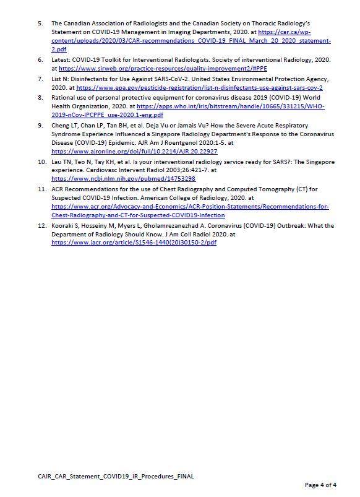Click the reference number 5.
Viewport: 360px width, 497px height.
point(40,24)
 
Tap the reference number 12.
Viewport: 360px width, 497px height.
point(42,226)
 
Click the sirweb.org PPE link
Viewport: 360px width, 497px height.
point(163,68)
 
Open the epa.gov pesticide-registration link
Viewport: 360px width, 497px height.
point(199,87)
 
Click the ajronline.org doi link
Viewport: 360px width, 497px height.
point(134,151)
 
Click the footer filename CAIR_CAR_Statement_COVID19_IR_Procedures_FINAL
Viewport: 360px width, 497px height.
point(116,476)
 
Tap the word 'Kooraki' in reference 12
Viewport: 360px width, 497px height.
point(62,226)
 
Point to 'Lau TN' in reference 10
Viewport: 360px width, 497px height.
point(62,162)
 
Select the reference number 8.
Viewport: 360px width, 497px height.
point(40,98)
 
